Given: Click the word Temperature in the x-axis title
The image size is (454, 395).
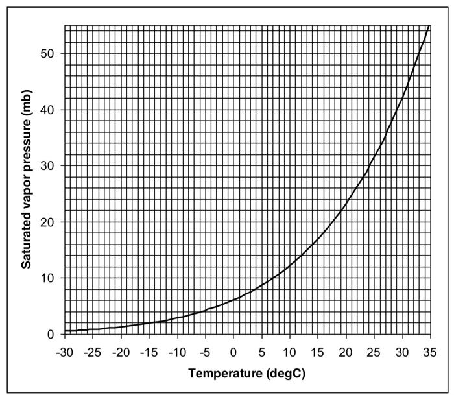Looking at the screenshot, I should click(x=222, y=374).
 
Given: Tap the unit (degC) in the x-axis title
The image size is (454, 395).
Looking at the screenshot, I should click(x=281, y=374).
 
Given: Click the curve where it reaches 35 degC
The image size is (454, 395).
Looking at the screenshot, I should click(x=429, y=26).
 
